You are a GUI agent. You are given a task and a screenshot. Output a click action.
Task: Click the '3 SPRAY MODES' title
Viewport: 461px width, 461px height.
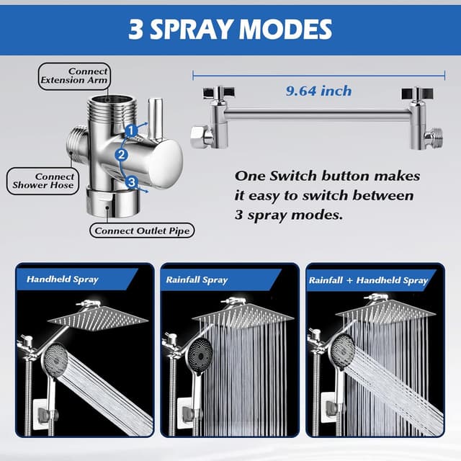230,29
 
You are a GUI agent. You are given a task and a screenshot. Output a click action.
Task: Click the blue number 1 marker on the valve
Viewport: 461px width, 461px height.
131,130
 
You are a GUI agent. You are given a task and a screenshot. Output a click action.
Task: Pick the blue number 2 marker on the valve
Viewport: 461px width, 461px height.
122,154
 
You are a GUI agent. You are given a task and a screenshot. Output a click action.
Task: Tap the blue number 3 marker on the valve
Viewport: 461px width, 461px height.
131,183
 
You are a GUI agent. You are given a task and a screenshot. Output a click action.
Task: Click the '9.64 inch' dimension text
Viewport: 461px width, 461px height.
318,91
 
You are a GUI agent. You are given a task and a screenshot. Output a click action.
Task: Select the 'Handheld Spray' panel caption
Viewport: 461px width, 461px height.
63,279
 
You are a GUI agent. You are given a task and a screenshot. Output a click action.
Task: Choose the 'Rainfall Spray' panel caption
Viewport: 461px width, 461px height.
197,279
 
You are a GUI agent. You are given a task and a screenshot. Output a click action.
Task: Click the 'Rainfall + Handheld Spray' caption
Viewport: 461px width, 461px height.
368,279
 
